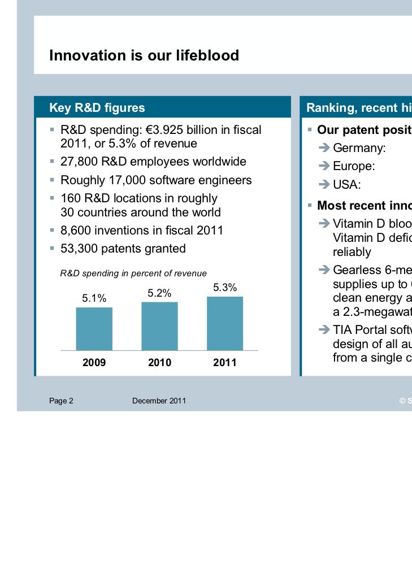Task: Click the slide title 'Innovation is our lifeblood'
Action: [x=144, y=55]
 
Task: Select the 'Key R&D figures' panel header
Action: [x=97, y=108]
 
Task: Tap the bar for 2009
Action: [x=94, y=329]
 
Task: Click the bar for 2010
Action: [x=159, y=326]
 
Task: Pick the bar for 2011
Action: [x=225, y=323]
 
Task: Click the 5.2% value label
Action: [x=159, y=293]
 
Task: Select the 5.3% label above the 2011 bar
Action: [x=225, y=288]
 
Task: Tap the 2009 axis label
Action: [x=94, y=363]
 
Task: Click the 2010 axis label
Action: [x=159, y=363]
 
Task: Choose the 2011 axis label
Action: [x=225, y=363]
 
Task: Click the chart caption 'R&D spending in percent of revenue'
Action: [x=133, y=273]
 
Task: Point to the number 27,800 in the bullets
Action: [x=79, y=162]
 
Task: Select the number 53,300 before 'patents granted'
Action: [x=79, y=249]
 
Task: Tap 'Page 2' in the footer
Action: [x=61, y=401]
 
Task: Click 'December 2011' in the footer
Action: [x=159, y=401]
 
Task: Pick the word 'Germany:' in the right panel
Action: [x=359, y=149]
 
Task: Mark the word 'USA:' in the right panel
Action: [x=346, y=185]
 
